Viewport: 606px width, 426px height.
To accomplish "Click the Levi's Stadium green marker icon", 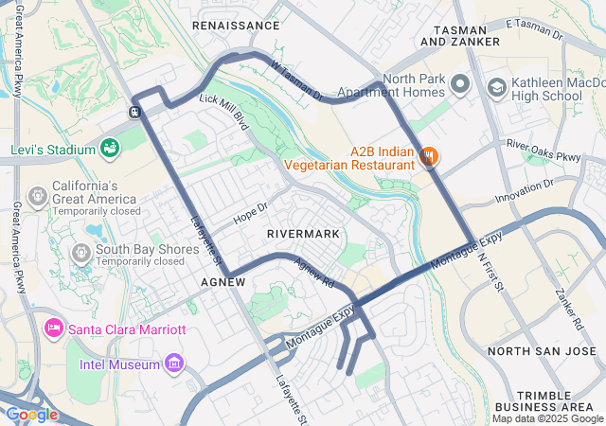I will click(111, 149).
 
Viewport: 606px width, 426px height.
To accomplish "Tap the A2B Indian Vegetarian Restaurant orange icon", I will click(428, 156).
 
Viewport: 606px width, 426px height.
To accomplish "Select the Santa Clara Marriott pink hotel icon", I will click(54, 328).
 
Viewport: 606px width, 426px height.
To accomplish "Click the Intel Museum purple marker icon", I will click(173, 362).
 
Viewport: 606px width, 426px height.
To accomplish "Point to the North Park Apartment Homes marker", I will click(460, 85).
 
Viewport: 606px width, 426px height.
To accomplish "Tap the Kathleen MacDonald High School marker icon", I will click(495, 87).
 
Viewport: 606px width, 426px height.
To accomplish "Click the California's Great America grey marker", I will click(38, 195).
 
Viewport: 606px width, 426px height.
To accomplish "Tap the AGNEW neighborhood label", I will click(224, 282).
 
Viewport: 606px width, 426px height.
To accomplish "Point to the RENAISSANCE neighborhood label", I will click(237, 26).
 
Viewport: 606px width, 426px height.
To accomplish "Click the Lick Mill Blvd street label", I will click(223, 113).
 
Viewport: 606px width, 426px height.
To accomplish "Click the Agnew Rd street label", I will click(314, 274).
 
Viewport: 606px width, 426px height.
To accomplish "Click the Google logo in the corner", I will click(31, 414).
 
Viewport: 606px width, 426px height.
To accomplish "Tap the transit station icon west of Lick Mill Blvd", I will click(136, 111).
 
